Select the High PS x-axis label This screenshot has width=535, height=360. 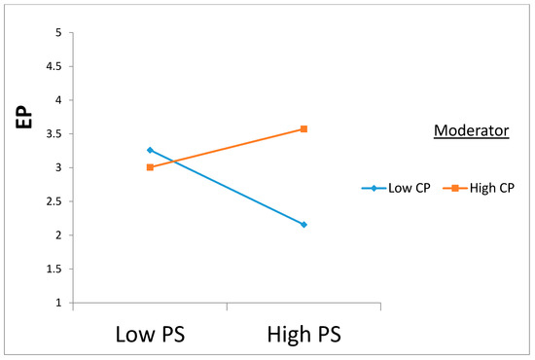(x=303, y=334)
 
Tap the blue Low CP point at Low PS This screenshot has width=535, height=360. (x=150, y=150)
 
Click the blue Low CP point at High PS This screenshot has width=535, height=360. (x=303, y=225)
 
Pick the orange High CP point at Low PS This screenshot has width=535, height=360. (x=150, y=167)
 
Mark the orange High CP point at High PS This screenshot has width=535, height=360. (x=303, y=129)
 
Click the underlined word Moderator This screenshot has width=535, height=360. (x=471, y=131)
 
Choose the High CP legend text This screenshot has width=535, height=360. (x=491, y=188)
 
